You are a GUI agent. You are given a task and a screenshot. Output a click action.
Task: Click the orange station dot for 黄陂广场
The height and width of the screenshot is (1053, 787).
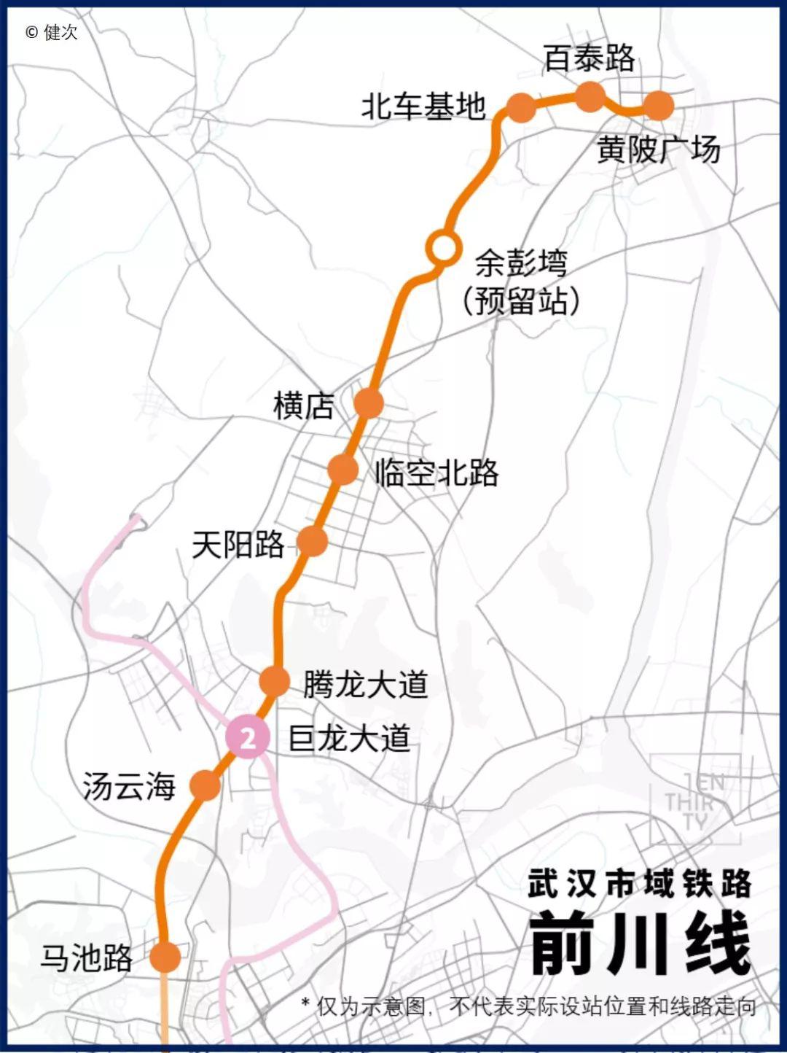click(659, 106)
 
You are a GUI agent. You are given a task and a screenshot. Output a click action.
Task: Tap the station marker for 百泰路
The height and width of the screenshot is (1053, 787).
click(590, 97)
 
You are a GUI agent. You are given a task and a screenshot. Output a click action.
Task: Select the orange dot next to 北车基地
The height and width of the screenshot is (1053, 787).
click(520, 108)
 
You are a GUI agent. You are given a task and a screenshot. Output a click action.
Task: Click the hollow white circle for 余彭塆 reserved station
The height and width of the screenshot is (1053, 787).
click(442, 247)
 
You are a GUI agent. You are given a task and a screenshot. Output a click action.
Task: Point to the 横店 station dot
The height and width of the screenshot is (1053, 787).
click(369, 402)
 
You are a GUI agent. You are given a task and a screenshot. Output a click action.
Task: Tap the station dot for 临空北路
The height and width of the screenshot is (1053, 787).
click(342, 470)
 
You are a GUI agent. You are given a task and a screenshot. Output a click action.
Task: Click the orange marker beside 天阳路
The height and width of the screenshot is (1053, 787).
click(312, 541)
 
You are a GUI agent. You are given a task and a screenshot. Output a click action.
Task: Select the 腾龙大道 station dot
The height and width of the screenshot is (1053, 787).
click(275, 681)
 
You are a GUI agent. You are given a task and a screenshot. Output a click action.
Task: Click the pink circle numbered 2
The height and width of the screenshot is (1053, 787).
click(248, 738)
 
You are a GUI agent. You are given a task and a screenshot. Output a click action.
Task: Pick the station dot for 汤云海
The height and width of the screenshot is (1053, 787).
click(205, 785)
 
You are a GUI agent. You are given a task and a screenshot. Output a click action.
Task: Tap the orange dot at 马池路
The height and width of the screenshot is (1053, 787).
click(165, 956)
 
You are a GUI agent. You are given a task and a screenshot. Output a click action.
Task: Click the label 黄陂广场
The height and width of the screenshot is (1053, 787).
click(659, 150)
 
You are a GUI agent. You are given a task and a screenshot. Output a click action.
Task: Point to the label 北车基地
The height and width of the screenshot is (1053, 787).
click(423, 106)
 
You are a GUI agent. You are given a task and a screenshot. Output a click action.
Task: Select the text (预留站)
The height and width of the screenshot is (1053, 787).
click(522, 300)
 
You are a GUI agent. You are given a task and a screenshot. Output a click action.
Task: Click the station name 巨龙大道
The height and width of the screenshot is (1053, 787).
click(350, 739)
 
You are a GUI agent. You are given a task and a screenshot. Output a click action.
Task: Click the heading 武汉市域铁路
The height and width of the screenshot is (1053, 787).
click(640, 884)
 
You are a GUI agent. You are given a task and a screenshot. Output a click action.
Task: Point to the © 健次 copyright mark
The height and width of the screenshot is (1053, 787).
click(51, 32)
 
